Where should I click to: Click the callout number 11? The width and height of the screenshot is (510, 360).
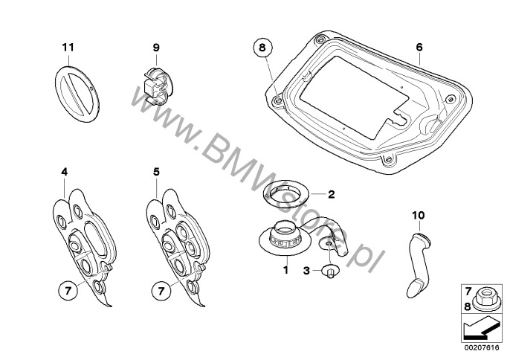(x=68, y=48)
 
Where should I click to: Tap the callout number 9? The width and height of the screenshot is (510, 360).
(x=156, y=48)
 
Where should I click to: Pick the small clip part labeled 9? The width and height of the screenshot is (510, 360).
(x=158, y=86)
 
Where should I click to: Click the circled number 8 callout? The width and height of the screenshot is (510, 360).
(x=262, y=48)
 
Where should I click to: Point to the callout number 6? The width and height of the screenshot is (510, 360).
(x=419, y=48)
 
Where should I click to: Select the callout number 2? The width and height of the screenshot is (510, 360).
(x=331, y=194)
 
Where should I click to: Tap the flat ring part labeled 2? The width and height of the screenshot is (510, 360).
(x=286, y=194)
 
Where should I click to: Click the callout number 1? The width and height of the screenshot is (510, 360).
(x=286, y=270)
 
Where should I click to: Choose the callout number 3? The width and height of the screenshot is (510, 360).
(x=306, y=271)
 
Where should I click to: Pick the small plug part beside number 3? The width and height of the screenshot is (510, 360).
(x=330, y=271)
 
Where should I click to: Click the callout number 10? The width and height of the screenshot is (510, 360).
(x=419, y=215)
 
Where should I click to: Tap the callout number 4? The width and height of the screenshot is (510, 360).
(x=65, y=172)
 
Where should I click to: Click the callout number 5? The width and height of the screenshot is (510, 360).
(x=156, y=172)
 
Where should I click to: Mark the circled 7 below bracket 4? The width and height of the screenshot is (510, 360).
(x=68, y=290)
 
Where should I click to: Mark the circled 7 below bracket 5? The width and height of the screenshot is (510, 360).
(x=161, y=290)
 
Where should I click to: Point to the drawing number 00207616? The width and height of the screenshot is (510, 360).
(x=482, y=348)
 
